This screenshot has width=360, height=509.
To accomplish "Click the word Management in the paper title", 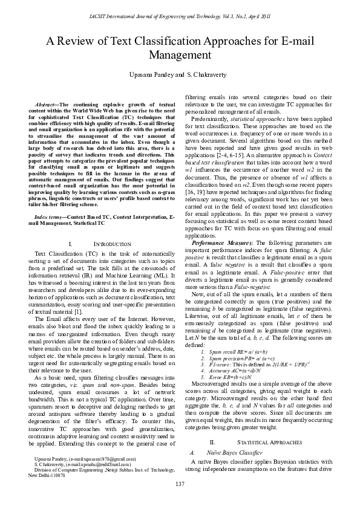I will click(x=180, y=55).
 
